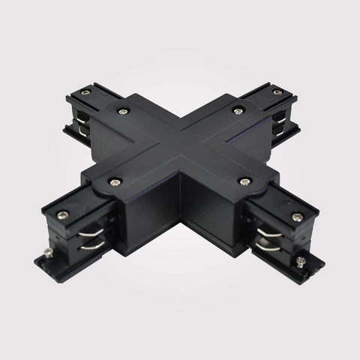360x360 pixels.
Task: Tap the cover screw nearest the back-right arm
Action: click(238, 111)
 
